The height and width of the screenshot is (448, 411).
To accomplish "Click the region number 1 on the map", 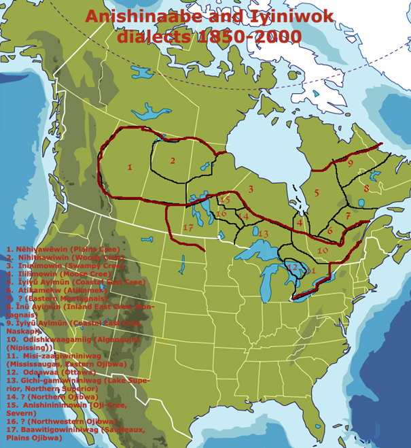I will pos(129,166).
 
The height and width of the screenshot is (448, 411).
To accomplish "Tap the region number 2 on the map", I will pos(173,160).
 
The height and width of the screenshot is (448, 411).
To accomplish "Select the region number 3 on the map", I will pos(250,188).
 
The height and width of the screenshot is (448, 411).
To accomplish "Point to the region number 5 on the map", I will pos(317,194).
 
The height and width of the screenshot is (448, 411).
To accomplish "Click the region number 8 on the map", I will pos(365,188).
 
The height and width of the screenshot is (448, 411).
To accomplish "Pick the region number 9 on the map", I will pos(350,163).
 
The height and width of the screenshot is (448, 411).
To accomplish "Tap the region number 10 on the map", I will pos(323,250).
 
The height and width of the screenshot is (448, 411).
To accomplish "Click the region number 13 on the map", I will pos(264,234).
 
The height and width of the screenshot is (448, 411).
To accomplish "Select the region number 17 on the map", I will pos(187,227).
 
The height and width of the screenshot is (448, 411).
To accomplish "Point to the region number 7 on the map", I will pos(347,216).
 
